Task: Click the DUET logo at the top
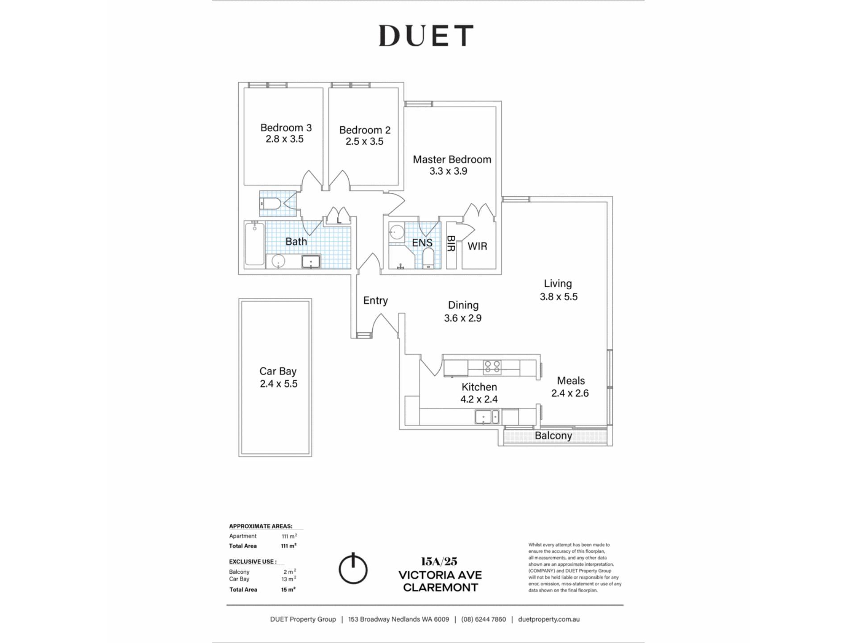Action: pos(426,35)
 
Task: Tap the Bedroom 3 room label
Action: pos(286,128)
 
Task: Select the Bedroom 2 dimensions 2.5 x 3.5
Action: pos(364,142)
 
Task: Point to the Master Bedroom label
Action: pos(452,159)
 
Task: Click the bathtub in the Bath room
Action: pos(254,244)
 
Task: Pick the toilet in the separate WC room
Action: pos(270,204)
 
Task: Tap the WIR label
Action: pos(477,246)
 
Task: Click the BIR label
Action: pos(451,244)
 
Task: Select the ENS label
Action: pos(422,242)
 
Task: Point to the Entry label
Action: pos(375,301)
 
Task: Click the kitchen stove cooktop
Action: pos(492,367)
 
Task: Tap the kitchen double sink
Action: pos(487,417)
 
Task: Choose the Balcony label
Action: pos(553,436)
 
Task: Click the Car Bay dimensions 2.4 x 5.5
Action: pos(279,384)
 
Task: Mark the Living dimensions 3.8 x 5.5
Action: pos(558,296)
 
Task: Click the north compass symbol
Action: pos(353,568)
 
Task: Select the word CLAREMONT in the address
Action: pos(441,588)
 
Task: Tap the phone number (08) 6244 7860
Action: pos(483,619)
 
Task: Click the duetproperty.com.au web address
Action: pos(549,619)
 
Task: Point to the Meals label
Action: pos(571,380)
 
